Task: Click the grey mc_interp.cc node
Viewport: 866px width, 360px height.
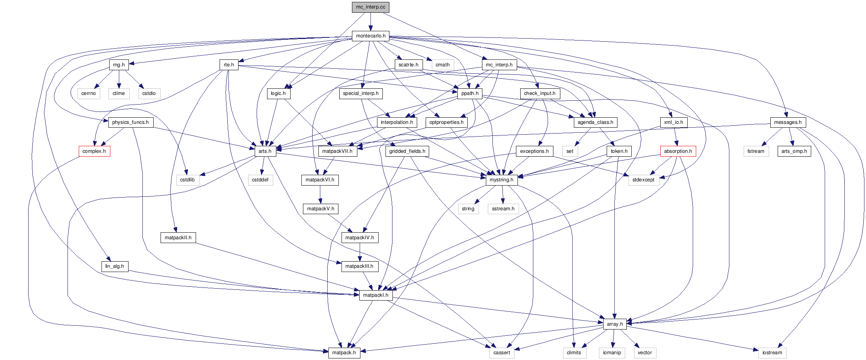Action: (x=370, y=7)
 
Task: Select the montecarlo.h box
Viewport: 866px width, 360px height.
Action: (x=370, y=36)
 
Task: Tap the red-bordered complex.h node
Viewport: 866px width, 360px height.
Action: (x=94, y=151)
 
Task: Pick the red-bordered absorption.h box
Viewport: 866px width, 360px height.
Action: (x=678, y=151)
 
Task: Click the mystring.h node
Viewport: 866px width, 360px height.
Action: (x=501, y=180)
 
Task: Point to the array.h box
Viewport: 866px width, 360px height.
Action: (x=615, y=324)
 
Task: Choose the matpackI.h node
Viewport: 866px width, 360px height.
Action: (x=375, y=295)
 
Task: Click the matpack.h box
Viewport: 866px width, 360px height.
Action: (x=344, y=353)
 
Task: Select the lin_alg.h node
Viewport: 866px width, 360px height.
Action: (x=115, y=266)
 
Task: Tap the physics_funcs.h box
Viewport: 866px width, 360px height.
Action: (x=130, y=122)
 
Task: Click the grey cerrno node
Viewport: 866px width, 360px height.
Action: (x=88, y=93)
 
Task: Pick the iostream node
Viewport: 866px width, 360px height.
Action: (x=772, y=353)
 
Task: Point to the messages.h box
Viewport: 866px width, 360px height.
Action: (x=788, y=122)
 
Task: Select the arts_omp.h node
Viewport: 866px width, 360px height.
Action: (x=794, y=151)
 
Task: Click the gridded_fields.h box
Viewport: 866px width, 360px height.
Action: (x=407, y=151)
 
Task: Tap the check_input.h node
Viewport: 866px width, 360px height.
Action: (x=540, y=93)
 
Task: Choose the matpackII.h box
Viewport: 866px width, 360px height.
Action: (x=178, y=238)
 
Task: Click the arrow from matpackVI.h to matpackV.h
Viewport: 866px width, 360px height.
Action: (x=320, y=194)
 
